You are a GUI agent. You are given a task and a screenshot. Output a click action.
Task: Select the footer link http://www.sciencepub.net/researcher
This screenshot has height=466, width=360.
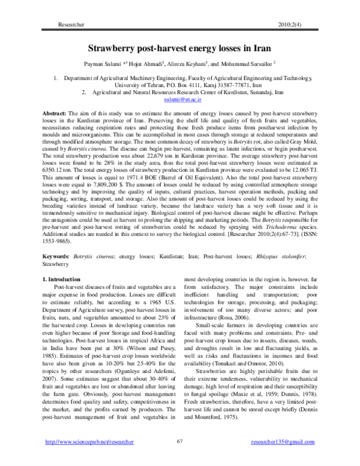83,442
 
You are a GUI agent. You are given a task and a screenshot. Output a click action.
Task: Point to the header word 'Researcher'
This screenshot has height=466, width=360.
68,24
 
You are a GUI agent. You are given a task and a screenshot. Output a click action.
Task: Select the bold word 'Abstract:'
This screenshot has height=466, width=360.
58,113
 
